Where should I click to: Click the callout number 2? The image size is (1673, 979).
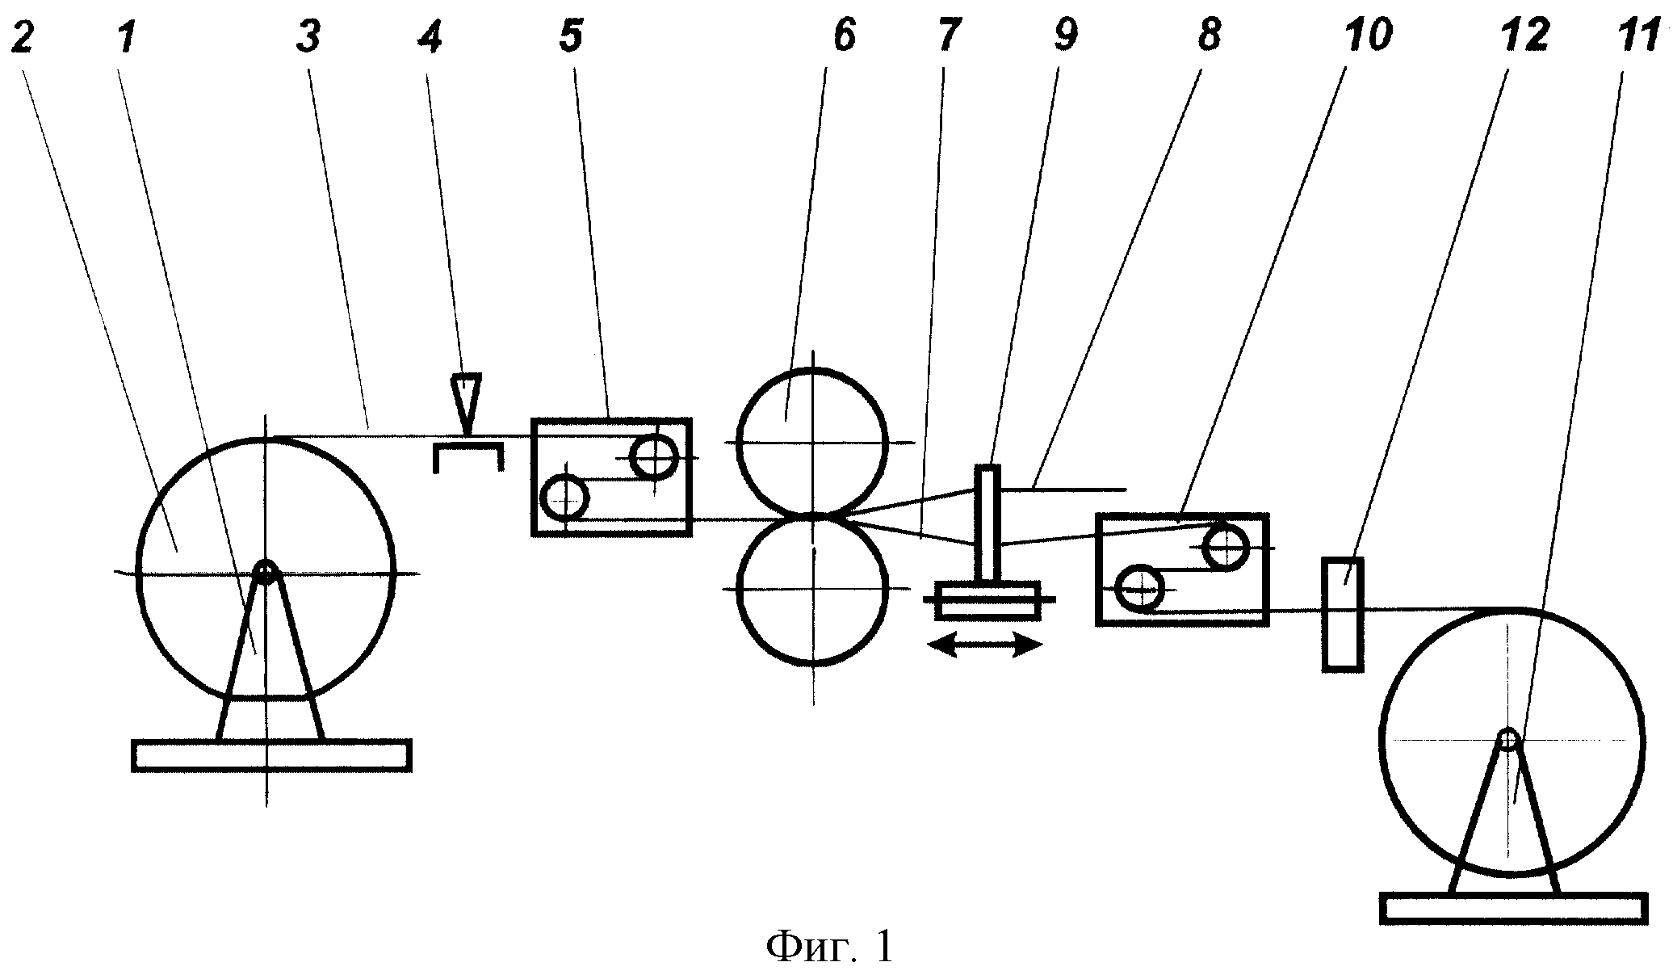point(22,36)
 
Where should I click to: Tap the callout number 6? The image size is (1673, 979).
point(843,36)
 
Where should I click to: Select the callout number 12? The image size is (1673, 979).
point(1522,36)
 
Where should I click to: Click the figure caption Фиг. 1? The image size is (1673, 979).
point(830,947)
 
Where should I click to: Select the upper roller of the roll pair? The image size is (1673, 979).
point(812,442)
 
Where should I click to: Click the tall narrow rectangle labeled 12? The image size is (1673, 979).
point(1342,614)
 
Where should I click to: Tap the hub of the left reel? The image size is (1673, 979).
point(265,572)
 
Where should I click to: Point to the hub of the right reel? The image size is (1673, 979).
point(1507,739)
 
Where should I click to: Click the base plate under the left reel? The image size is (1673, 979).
point(272,755)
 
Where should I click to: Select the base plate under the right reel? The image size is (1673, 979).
point(1514,908)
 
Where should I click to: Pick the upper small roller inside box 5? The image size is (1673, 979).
point(655,457)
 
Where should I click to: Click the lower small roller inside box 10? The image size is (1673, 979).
point(1139,590)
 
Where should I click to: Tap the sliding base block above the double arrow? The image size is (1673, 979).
point(987,600)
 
